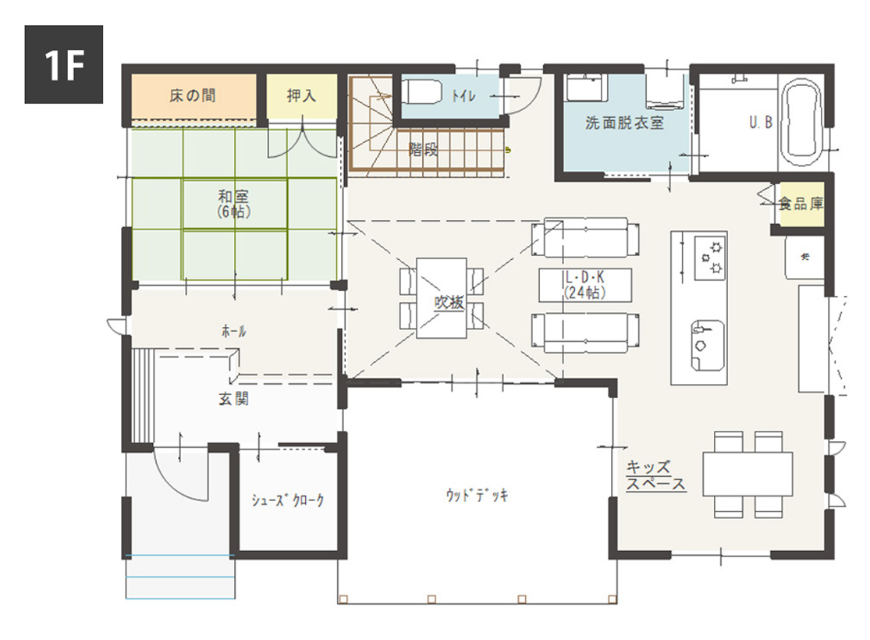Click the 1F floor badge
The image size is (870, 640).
[64, 65]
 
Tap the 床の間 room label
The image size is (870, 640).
[193, 96]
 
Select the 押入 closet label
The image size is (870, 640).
[301, 96]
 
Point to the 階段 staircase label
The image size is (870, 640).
[423, 150]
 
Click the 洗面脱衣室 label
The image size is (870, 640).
[624, 123]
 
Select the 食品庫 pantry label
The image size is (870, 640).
[801, 204]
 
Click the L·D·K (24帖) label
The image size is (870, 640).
[584, 286]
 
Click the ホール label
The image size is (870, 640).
[233, 332]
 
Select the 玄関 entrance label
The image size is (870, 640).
[233, 399]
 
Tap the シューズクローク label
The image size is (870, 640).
[287, 500]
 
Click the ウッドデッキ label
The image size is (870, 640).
[477, 495]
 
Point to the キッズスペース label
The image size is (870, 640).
[656, 475]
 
